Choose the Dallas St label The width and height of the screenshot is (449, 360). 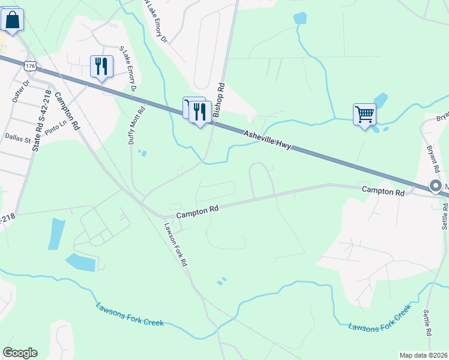(17, 138)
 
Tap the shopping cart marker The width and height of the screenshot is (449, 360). (364, 114)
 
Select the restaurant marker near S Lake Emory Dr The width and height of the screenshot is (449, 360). (101, 65)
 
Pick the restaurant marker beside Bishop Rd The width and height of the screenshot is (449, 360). (200, 112)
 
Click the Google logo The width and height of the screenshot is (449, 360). (20, 353)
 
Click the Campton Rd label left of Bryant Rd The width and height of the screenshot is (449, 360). (382, 190)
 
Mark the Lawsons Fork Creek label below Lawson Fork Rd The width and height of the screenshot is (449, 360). (130, 314)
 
